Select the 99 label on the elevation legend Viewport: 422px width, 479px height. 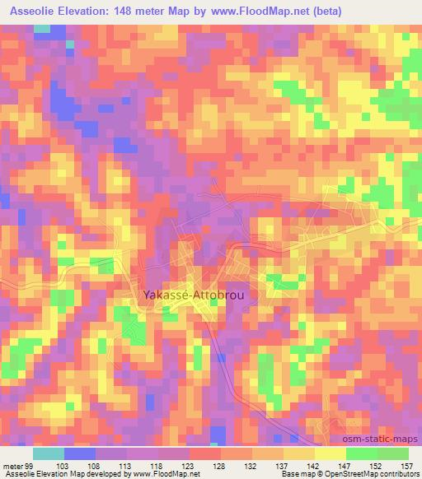click(30, 465)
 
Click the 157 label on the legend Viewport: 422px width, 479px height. click(407, 465)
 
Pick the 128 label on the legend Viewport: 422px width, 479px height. click(220, 465)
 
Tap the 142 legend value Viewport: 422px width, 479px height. click(314, 465)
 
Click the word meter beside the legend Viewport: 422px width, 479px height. click(12, 465)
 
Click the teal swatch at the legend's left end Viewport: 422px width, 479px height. click(48, 453)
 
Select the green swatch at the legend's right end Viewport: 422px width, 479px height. click(393, 453)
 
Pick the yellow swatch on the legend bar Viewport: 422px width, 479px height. click(330, 453)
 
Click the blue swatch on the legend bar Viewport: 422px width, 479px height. click(79, 453)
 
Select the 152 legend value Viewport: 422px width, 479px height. click(377, 465)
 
